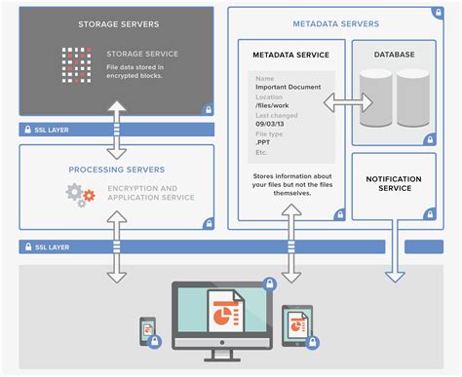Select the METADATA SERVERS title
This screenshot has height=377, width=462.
[331, 22]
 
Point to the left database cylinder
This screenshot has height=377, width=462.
[376, 98]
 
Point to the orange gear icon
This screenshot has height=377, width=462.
[89, 196]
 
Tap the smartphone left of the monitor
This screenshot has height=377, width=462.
[147, 330]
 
